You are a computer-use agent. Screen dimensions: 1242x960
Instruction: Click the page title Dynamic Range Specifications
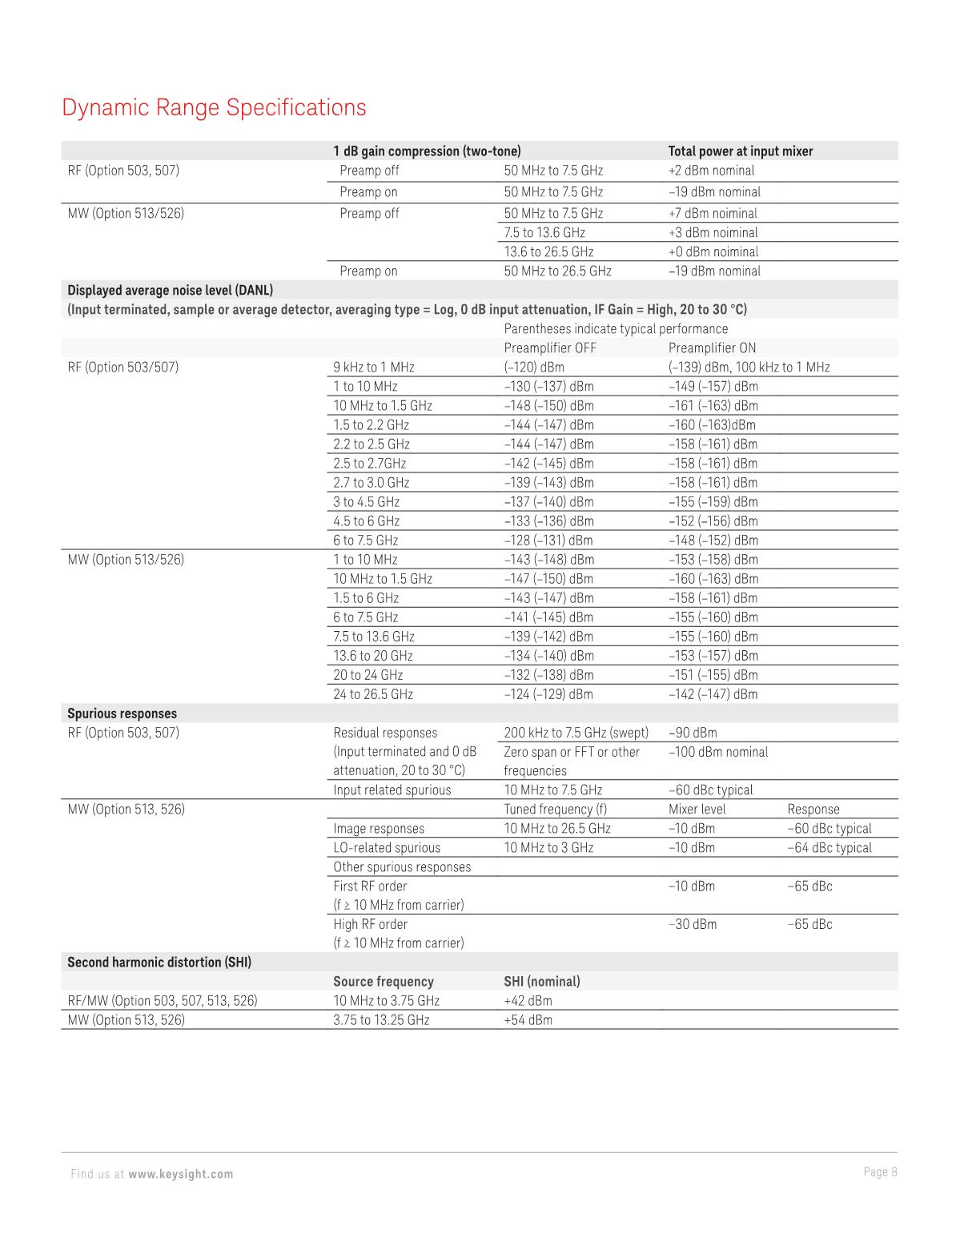click(x=214, y=107)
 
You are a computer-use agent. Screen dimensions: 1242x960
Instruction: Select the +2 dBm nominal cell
click(x=711, y=171)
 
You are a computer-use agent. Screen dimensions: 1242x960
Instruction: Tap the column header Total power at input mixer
click(x=740, y=151)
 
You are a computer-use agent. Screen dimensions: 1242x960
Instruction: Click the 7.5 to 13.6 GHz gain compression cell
click(x=544, y=233)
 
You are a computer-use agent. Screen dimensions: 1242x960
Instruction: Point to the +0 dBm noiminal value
click(x=713, y=252)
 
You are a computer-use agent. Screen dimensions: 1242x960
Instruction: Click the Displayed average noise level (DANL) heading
click(x=170, y=290)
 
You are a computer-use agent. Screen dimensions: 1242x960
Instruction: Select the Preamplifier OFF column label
click(x=550, y=348)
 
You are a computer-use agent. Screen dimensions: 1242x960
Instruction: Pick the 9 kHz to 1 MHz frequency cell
click(x=374, y=368)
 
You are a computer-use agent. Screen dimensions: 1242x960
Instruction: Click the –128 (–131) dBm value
click(x=548, y=541)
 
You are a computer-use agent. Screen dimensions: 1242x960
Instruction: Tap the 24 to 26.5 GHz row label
click(x=373, y=694)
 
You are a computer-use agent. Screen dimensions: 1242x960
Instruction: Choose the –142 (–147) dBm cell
click(x=713, y=694)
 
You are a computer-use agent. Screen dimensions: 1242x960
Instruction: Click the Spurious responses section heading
click(x=122, y=713)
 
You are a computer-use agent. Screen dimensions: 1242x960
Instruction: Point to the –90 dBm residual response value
click(x=693, y=733)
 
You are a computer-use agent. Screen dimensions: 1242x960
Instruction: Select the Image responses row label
click(x=379, y=829)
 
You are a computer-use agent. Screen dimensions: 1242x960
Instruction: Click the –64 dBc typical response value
click(x=829, y=848)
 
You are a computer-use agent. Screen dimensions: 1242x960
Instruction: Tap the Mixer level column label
click(x=697, y=810)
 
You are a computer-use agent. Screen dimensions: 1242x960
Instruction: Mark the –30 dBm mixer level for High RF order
click(x=693, y=925)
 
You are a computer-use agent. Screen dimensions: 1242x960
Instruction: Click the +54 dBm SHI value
click(x=528, y=1020)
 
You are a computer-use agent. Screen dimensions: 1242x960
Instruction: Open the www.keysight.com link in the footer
click(x=181, y=1174)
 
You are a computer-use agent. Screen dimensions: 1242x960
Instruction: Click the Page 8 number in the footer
click(x=880, y=1172)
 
